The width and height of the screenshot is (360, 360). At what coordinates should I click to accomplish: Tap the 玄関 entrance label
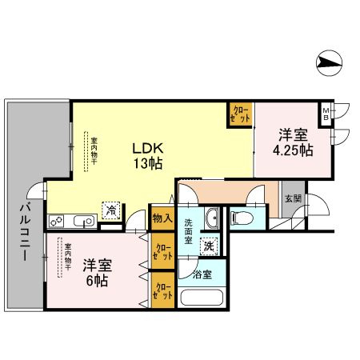point(292,198)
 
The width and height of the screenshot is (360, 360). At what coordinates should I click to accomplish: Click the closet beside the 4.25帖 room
point(240,114)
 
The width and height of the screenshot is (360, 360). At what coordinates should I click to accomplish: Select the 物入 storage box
point(161,218)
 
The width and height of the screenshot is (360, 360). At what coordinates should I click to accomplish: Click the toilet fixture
point(242,217)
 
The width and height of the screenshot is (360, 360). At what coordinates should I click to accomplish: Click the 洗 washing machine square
point(209,247)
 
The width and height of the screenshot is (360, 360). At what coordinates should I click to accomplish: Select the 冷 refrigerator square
point(110,210)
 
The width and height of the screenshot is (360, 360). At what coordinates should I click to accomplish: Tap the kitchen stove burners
point(58,221)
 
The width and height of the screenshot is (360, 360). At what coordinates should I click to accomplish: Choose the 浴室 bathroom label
point(202,274)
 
